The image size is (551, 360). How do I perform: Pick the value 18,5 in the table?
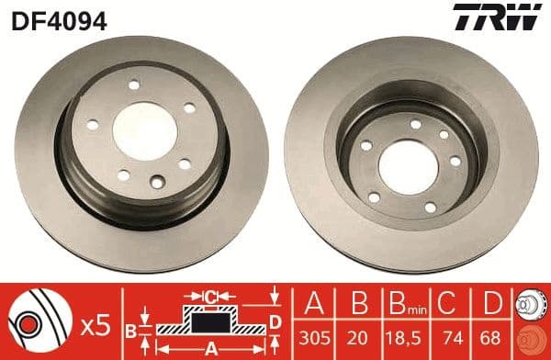pos(396,338)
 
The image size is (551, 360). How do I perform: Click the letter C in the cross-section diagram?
pos(210,297)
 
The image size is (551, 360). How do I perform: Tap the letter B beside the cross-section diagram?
pos(130,329)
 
